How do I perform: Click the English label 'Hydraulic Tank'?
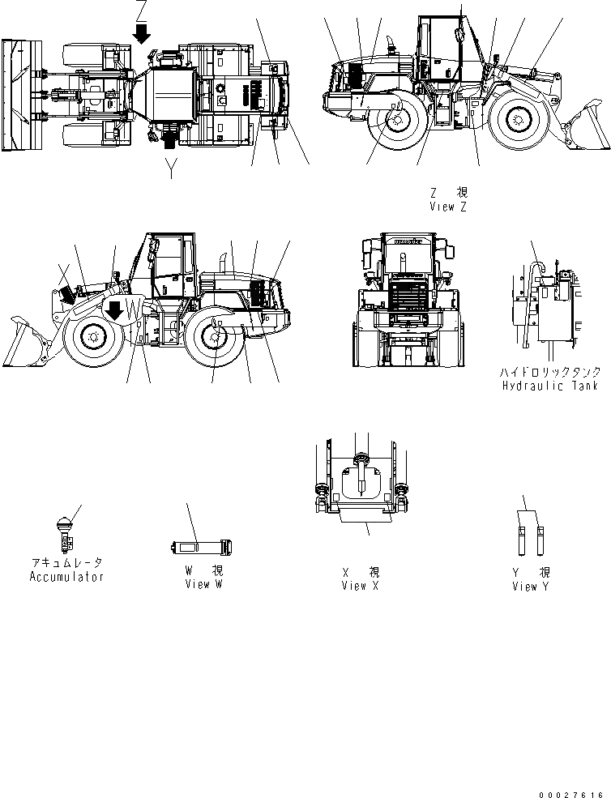point(549,386)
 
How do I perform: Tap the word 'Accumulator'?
point(66,577)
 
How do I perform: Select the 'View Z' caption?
point(448,207)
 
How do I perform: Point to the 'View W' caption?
point(203,584)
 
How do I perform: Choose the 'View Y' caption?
point(531,587)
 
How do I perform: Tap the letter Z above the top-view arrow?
point(143,11)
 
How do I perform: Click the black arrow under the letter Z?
point(143,33)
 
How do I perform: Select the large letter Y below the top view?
point(170,169)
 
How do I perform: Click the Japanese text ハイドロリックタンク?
point(549,372)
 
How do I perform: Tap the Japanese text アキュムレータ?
point(66,562)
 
